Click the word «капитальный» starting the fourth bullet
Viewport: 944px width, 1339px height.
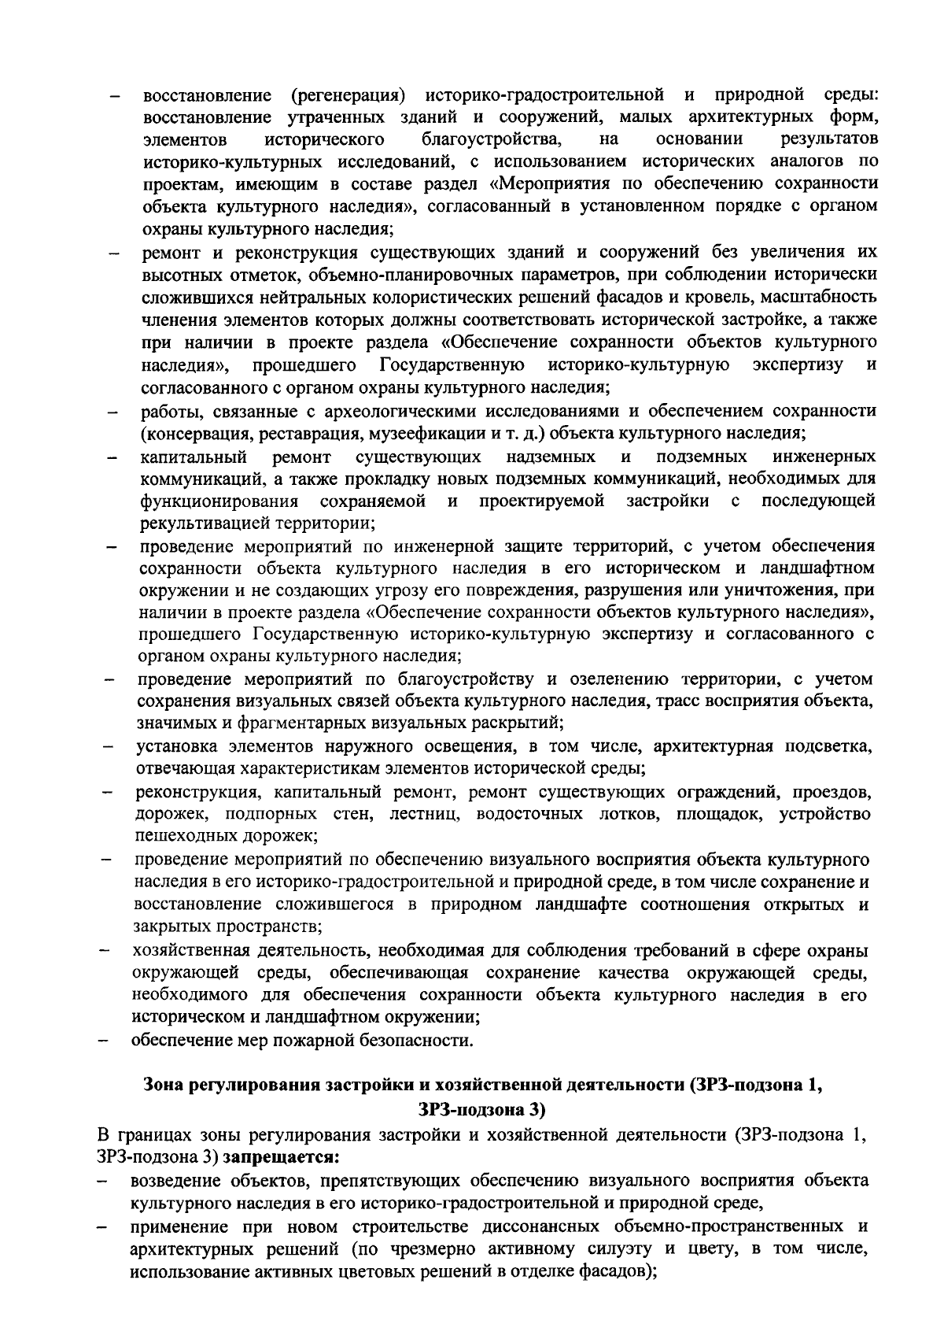[194, 457]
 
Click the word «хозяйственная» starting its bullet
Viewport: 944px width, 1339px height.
[194, 949]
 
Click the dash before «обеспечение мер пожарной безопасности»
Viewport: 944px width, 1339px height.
[103, 1041]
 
